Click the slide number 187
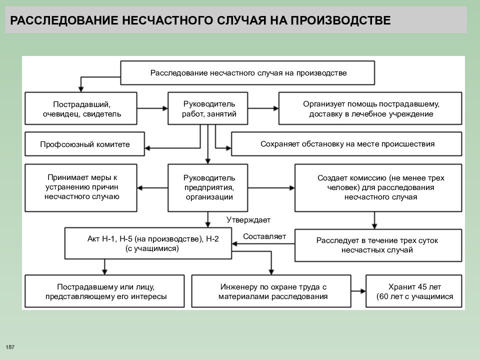click(10, 347)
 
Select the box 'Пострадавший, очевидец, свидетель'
click(81, 108)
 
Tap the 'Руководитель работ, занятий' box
click(208, 108)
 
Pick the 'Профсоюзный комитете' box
click(84, 144)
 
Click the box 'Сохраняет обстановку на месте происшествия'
click(346, 144)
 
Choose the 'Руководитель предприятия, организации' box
click(208, 187)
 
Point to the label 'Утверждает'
click(248, 220)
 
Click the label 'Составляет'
click(264, 236)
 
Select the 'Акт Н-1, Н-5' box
click(148, 243)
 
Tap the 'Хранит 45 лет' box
click(414, 291)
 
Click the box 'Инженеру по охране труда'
click(271, 291)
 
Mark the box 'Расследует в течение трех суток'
click(378, 245)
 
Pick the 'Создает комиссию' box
click(378, 187)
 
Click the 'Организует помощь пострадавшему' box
click(370, 108)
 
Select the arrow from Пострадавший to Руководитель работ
click(152, 108)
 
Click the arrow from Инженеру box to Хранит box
click(358, 291)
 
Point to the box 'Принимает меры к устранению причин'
click(81, 187)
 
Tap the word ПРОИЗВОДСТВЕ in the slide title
click(340, 20)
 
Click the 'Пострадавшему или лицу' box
click(104, 291)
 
